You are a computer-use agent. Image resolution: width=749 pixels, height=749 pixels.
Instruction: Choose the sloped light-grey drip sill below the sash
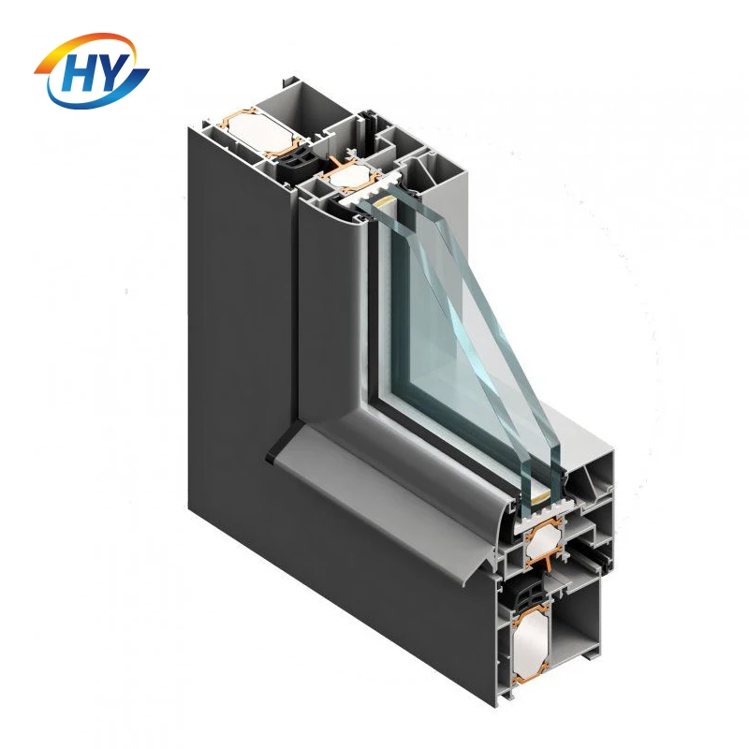pyautogui.click(x=393, y=506)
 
